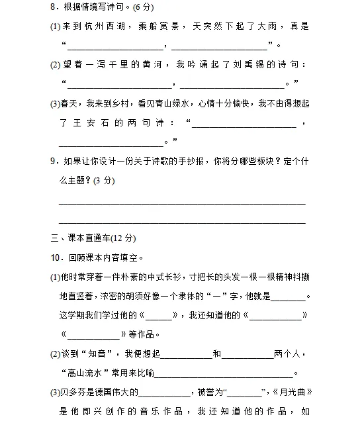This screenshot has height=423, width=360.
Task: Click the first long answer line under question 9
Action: (182, 203)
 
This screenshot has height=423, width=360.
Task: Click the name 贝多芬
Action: (75, 392)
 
